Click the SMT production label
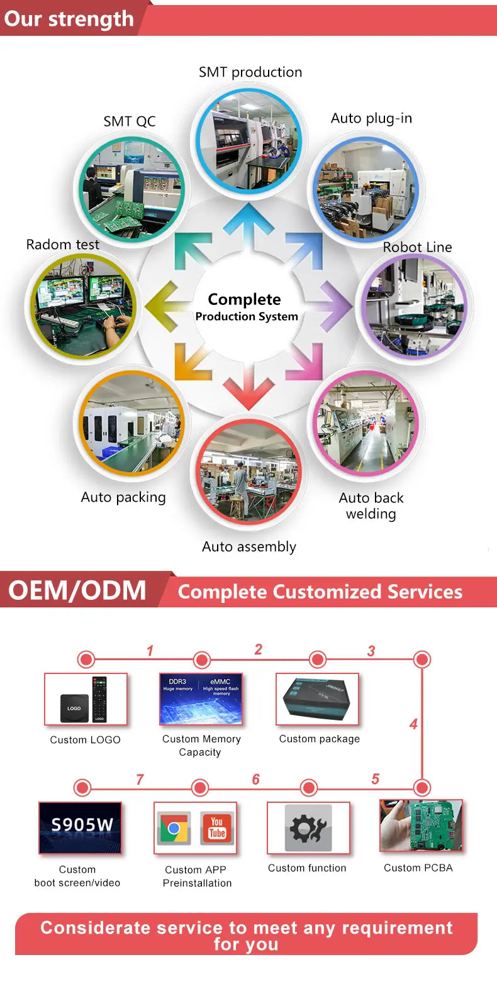point(250,72)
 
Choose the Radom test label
point(63,245)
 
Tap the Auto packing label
point(123,497)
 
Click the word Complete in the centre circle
point(244,299)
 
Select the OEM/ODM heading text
point(77,590)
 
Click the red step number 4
point(413,724)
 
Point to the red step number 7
point(140,780)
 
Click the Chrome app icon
point(174,828)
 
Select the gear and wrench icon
point(308,828)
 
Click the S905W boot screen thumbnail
point(81,827)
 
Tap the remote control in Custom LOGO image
point(99,699)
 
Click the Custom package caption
point(320,739)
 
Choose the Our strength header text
point(69,19)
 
